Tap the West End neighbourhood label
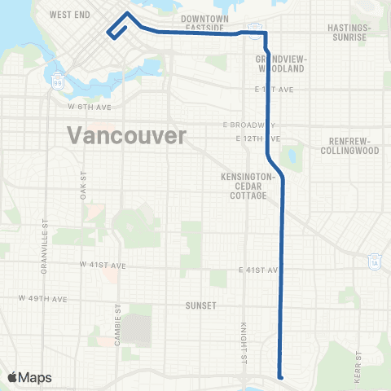(68, 15)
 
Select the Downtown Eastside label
(203, 23)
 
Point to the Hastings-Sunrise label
(348, 32)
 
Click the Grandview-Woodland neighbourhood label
(280, 64)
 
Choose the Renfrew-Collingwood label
(349, 145)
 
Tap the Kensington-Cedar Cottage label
(250, 186)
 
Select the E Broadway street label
(248, 125)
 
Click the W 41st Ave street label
(103, 266)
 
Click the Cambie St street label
(118, 327)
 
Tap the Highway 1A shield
(374, 261)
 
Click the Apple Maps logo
(29, 377)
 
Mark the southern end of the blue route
(280, 376)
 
